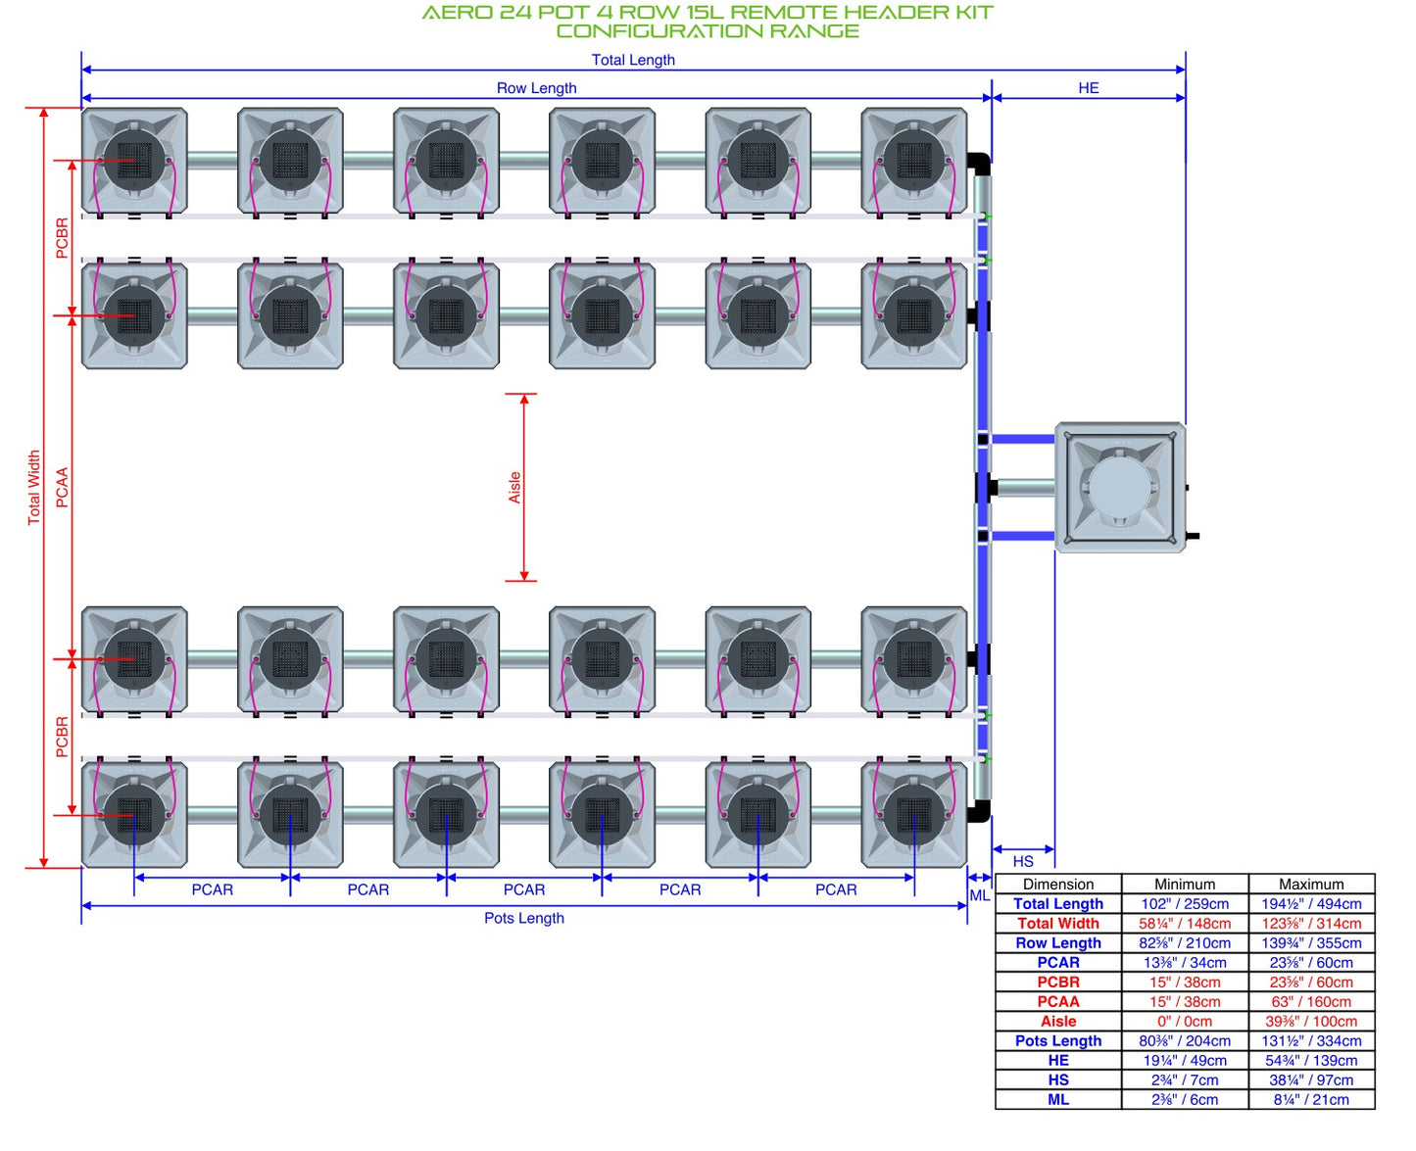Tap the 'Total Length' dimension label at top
(633, 60)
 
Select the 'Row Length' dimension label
(536, 88)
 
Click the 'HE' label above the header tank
(1089, 88)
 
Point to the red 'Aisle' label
(513, 487)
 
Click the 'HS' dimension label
(1022, 861)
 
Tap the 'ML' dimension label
(979, 895)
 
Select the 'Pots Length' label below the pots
(524, 918)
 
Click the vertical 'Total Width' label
(34, 487)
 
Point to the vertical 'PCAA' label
(62, 487)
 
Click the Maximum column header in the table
(1311, 884)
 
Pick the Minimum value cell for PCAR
(1185, 962)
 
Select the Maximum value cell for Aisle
(1311, 1021)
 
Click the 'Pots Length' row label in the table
(1057, 1040)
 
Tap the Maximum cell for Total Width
(1311, 923)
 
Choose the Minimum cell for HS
(1185, 1079)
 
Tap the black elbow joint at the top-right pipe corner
(979, 163)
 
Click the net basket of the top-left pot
(133, 160)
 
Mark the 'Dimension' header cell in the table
(1057, 884)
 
